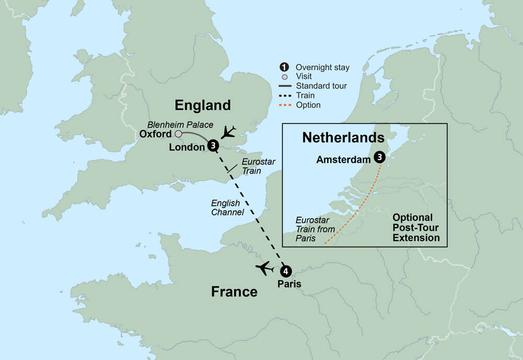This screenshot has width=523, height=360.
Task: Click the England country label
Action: coord(202,105)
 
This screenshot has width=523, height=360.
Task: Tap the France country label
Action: coord(234,291)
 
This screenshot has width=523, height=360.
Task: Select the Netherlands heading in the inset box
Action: coord(343,138)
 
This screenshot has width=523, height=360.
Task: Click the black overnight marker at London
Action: coord(213,146)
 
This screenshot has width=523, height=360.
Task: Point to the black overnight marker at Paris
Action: coord(286,271)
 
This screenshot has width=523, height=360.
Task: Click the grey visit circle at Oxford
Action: coord(178,134)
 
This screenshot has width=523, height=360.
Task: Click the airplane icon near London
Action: coord(229,132)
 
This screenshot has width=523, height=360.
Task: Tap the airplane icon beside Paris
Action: coord(265,268)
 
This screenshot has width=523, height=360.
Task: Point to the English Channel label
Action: coord(228,208)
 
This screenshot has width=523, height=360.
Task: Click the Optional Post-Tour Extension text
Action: coord(416,228)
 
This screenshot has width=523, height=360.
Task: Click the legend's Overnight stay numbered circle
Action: coord(284,67)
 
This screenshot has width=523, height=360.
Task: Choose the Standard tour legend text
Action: coord(321,86)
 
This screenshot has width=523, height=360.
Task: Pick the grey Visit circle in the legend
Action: coord(284,77)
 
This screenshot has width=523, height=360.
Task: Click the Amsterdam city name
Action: coord(343,160)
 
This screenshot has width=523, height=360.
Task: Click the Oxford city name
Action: coord(156,134)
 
